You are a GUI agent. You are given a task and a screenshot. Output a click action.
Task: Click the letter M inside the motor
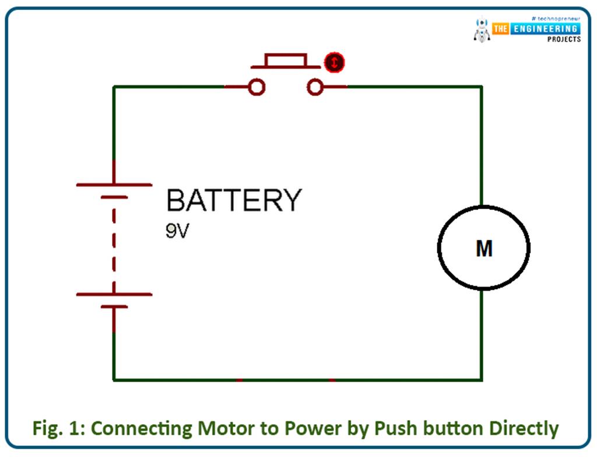tap(484, 249)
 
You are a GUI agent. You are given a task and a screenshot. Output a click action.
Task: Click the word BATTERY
tap(234, 201)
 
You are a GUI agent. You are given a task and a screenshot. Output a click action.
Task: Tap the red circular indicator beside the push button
tap(334, 62)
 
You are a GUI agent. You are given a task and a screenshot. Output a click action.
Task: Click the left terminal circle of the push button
tap(257, 87)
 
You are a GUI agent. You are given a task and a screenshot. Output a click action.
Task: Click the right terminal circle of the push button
tap(315, 87)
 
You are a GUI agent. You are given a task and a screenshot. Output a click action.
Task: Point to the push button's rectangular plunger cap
tap(286, 60)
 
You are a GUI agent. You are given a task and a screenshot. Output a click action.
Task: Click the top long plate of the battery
tap(114, 185)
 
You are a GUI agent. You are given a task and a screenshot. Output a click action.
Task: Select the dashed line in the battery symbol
tap(114, 245)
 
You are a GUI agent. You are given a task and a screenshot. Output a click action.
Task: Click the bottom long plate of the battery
tap(114, 294)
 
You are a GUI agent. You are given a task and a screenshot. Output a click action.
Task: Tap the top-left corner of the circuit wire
tap(114, 87)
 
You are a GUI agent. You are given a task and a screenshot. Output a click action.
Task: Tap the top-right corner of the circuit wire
tap(482, 87)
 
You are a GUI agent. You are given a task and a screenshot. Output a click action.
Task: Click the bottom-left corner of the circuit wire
tap(114, 380)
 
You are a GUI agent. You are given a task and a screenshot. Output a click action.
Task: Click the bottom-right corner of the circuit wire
tap(482, 380)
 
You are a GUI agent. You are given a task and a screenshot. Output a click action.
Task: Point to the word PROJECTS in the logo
tap(563, 39)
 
